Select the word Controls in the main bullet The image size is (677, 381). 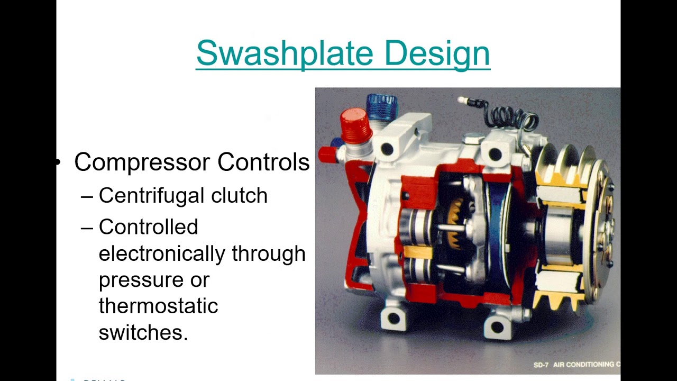(x=263, y=162)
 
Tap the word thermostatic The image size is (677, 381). (x=158, y=306)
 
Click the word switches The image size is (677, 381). (x=143, y=332)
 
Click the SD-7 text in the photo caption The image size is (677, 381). (x=541, y=365)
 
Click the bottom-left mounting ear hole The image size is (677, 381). (x=393, y=319)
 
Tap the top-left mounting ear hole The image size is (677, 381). (x=387, y=150)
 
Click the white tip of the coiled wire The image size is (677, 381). (x=461, y=99)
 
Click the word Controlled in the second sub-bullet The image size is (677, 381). (x=148, y=227)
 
